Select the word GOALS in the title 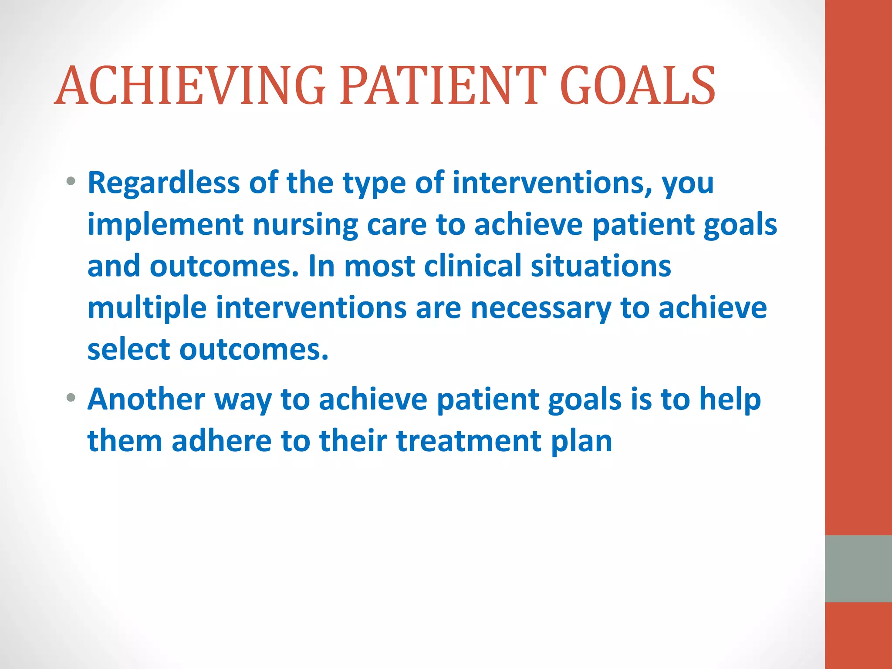638,86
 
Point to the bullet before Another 71,398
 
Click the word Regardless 163,182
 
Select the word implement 165,225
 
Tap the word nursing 305,225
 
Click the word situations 601,266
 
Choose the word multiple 147,308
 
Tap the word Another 146,399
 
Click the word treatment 469,441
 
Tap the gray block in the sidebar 858,568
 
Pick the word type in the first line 374,183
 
